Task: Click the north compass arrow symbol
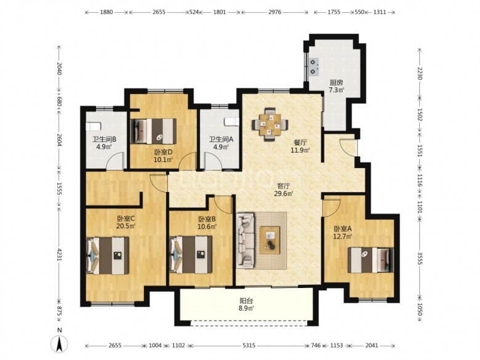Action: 60,343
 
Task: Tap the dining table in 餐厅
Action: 270,124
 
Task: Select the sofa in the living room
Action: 246,240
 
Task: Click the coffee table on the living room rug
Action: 270,240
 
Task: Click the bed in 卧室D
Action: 154,131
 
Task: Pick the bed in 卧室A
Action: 370,260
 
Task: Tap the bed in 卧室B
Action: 191,255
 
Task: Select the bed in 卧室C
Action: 108,255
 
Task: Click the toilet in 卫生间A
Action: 231,122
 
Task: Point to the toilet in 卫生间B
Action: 93,126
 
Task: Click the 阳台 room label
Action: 246,301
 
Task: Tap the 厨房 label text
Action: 336,82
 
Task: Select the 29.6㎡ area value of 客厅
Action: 284,193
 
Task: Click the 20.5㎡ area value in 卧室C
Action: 126,226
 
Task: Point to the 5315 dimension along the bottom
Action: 249,345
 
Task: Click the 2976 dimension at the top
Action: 274,12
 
